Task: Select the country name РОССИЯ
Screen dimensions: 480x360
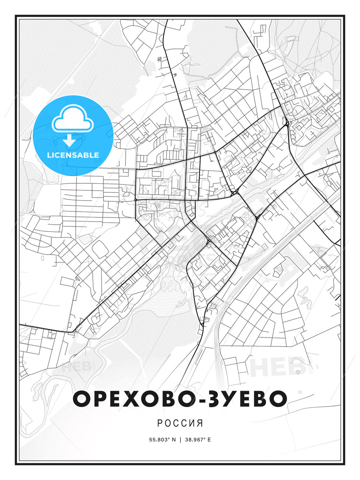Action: (x=180, y=423)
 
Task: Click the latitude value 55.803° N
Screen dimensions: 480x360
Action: (x=162, y=440)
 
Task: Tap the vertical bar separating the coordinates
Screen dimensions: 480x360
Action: (x=180, y=440)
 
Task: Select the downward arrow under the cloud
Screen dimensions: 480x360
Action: (x=69, y=140)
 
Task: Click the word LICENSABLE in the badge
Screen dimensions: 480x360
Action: (x=73, y=155)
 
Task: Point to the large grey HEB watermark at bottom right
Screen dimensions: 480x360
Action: (x=278, y=367)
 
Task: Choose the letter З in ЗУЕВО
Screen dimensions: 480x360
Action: (x=210, y=399)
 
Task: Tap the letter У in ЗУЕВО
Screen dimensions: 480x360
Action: (x=227, y=399)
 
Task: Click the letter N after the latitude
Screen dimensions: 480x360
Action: (x=173, y=440)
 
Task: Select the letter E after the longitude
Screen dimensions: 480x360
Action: (x=209, y=440)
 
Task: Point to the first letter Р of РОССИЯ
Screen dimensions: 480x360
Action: (x=159, y=423)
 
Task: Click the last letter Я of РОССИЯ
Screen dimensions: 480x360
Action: (x=200, y=423)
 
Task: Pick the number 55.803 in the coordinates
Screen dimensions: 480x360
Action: (x=158, y=440)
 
